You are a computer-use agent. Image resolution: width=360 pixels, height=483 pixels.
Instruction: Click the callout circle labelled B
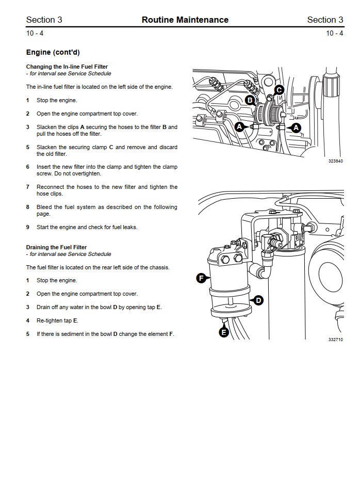(x=250, y=100)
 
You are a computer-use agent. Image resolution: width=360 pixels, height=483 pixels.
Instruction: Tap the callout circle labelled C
(x=279, y=90)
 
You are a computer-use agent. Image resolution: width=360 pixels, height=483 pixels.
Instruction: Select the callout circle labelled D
(x=258, y=300)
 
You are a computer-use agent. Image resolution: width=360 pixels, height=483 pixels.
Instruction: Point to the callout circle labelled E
(x=224, y=332)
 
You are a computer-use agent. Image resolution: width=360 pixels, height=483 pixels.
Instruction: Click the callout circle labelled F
(x=201, y=279)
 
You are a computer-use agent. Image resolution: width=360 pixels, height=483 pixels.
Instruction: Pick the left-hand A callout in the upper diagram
(x=239, y=126)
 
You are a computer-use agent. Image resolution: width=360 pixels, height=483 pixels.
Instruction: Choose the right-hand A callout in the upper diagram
(x=296, y=127)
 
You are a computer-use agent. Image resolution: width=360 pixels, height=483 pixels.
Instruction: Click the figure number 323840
(x=335, y=161)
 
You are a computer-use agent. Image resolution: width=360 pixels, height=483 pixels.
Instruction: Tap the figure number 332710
(x=335, y=340)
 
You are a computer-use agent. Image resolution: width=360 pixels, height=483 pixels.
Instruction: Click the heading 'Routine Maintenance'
(x=185, y=20)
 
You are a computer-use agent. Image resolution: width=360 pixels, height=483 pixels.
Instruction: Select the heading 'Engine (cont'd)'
(x=53, y=52)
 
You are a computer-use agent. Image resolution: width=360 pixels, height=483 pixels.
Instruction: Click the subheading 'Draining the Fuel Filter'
(x=56, y=247)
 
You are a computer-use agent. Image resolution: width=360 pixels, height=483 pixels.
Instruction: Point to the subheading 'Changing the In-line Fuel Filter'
(x=67, y=67)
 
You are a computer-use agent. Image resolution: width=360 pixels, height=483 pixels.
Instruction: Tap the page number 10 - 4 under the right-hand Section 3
(x=335, y=33)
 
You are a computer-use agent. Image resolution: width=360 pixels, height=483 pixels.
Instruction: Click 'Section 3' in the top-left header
(x=44, y=20)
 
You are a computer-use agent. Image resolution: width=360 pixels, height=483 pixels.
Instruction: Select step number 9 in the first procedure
(x=28, y=227)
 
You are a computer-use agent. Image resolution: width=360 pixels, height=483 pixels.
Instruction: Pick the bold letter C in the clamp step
(x=111, y=147)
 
